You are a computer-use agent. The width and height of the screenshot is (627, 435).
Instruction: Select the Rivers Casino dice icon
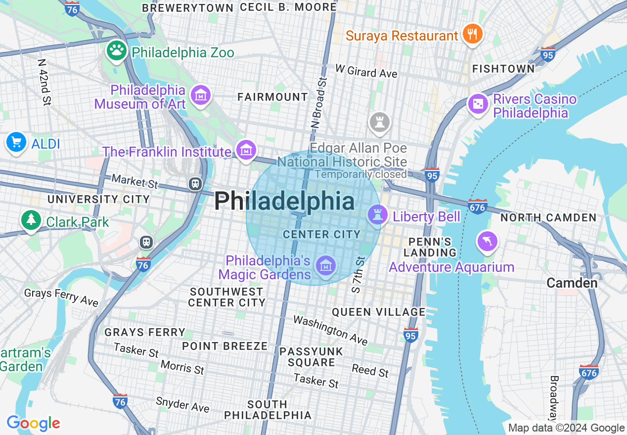click(478, 104)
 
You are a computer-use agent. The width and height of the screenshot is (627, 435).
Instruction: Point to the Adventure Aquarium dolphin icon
click(487, 241)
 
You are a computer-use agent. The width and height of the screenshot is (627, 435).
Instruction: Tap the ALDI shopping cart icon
click(16, 142)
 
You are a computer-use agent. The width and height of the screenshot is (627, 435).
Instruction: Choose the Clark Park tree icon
click(31, 220)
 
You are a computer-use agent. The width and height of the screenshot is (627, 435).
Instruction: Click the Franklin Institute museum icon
click(246, 149)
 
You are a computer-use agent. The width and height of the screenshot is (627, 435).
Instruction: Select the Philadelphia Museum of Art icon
click(201, 95)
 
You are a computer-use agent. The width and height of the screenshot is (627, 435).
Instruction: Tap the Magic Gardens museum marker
click(326, 266)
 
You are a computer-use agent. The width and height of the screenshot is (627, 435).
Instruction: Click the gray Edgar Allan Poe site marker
click(379, 122)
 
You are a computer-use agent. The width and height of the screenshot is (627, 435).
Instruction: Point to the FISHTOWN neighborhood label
click(503, 69)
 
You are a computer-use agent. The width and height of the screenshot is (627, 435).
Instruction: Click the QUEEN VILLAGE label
click(378, 312)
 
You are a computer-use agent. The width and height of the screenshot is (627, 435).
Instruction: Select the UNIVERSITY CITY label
click(98, 199)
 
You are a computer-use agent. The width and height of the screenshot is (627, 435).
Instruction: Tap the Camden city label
click(572, 283)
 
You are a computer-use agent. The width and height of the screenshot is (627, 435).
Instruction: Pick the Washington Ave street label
click(330, 330)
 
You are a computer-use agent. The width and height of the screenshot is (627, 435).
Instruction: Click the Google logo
click(33, 424)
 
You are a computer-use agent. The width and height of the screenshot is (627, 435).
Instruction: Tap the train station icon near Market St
click(196, 184)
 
